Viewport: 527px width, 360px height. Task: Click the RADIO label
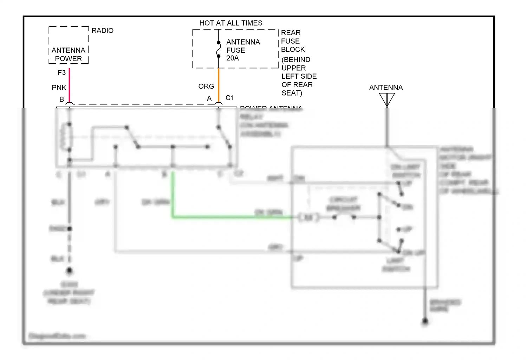[102, 31]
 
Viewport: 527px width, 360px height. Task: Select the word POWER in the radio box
[69, 59]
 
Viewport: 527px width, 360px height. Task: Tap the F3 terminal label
[61, 73]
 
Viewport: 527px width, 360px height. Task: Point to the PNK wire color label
[59, 88]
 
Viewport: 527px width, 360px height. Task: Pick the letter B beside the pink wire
[61, 99]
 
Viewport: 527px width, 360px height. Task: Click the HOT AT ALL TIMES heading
[231, 23]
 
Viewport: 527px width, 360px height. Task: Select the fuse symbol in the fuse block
[219, 49]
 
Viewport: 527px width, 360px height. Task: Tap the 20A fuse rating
[233, 58]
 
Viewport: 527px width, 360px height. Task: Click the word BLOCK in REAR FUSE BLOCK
[293, 50]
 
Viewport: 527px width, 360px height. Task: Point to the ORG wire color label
[206, 86]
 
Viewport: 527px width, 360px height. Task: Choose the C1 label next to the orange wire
[230, 98]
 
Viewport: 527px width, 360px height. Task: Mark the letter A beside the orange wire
[209, 99]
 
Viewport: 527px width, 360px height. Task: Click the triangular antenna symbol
[387, 99]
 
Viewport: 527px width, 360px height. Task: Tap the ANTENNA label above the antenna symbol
[386, 88]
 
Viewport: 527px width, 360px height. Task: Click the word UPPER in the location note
[294, 68]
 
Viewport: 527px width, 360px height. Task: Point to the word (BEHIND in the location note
[296, 59]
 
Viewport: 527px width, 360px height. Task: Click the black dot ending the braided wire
[425, 321]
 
